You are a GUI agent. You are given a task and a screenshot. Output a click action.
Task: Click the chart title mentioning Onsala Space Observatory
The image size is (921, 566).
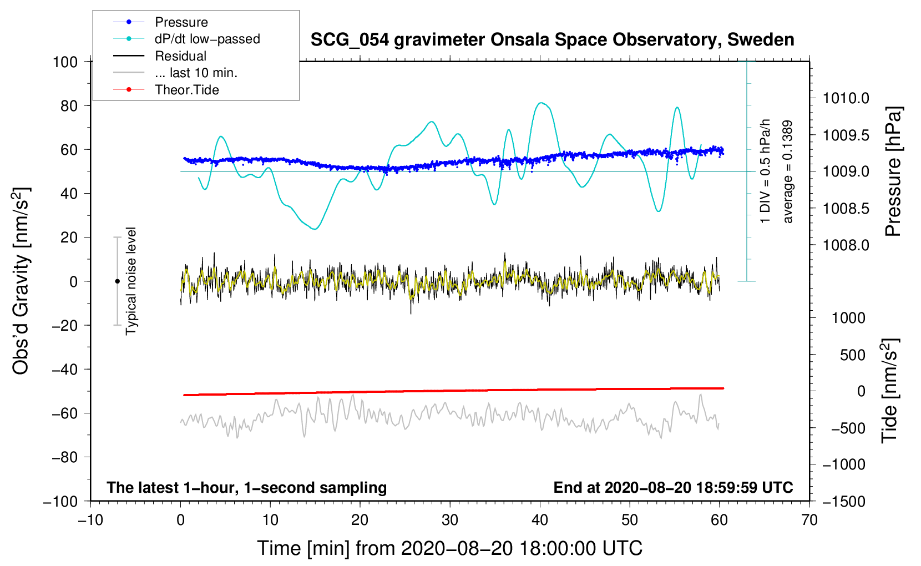[x=552, y=40]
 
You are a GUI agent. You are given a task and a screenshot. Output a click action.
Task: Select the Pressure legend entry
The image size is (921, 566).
[x=181, y=22]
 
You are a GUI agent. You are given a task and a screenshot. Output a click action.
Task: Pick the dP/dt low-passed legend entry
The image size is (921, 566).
[x=207, y=39]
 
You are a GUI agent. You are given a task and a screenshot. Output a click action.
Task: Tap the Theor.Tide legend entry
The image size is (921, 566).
[x=186, y=90]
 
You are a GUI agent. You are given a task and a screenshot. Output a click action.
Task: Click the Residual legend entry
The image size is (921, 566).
[x=180, y=56]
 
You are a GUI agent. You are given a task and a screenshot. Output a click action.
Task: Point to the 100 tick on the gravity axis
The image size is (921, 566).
[x=65, y=62]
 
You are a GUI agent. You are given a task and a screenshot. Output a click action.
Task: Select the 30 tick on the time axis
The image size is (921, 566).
[x=450, y=520]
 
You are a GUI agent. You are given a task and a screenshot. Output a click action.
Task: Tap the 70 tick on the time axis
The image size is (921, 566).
[x=809, y=520]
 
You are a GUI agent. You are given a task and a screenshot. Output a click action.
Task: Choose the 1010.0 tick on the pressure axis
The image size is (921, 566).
[x=846, y=99]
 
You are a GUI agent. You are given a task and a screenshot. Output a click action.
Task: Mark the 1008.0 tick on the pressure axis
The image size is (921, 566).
[x=846, y=245]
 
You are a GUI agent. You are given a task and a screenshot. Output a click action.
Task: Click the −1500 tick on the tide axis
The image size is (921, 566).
[x=843, y=502]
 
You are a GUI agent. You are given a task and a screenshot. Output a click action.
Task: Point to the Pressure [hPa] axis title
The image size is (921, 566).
[x=893, y=172]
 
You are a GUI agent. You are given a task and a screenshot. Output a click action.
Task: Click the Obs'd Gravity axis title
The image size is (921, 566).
[x=21, y=281]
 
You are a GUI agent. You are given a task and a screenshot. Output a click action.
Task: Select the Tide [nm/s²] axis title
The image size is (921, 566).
[x=890, y=391]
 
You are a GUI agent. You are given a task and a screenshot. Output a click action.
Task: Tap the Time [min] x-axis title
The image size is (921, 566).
[x=449, y=548]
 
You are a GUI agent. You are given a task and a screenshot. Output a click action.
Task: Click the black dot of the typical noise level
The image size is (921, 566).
[x=117, y=281]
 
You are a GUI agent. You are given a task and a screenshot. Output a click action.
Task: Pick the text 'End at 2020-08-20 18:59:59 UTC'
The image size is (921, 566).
[x=673, y=488]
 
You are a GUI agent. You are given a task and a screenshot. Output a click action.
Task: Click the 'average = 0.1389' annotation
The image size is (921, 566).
[x=788, y=172]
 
